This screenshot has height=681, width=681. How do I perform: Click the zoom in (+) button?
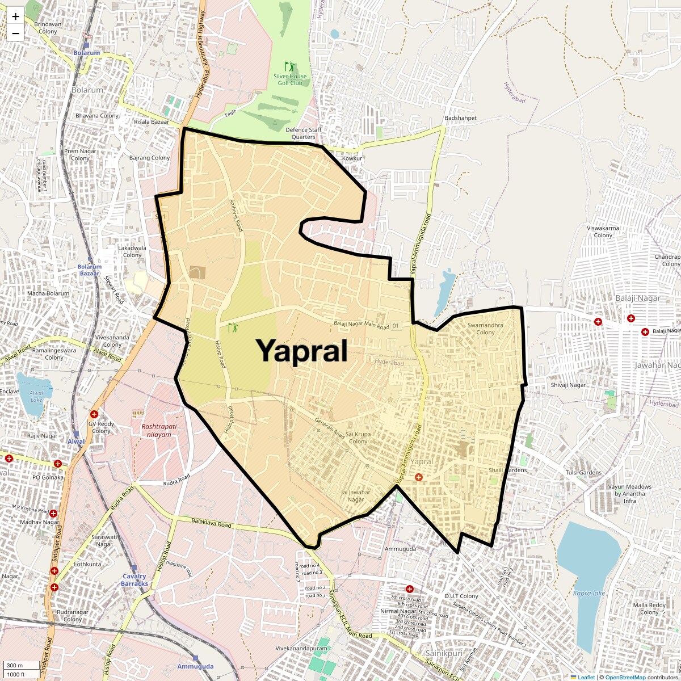tap(15, 16)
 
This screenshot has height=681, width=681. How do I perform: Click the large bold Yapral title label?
tap(301, 351)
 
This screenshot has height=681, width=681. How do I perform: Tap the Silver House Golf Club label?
tap(290, 79)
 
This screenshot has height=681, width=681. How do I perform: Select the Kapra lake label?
tap(588, 594)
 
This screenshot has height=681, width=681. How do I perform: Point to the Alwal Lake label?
tap(36, 396)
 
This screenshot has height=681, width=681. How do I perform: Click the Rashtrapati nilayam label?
tap(152, 430)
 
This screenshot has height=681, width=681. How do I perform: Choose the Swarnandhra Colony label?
tap(485, 329)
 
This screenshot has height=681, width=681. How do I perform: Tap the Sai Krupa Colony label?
tap(359, 438)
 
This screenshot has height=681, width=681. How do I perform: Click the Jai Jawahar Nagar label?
tap(356, 495)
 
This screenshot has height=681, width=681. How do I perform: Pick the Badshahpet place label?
tap(461, 118)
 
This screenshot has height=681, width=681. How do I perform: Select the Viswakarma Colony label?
tap(603, 232)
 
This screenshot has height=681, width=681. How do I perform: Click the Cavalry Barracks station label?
tap(134, 580)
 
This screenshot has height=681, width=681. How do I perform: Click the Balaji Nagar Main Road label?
tap(361, 325)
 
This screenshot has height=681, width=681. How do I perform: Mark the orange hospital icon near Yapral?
tap(419, 477)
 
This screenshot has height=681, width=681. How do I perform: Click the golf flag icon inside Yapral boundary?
tap(233, 327)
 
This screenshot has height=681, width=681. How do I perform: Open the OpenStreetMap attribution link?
tap(625, 677)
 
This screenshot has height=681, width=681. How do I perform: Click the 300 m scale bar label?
tap(15, 666)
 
